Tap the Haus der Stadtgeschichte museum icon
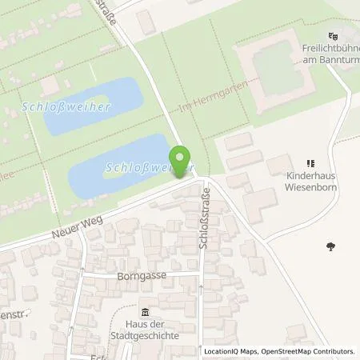click(145, 311)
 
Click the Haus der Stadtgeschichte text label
click(145, 330)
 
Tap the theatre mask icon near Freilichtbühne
click(333, 36)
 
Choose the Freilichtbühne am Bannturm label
click(331, 54)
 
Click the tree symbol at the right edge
click(330, 246)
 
